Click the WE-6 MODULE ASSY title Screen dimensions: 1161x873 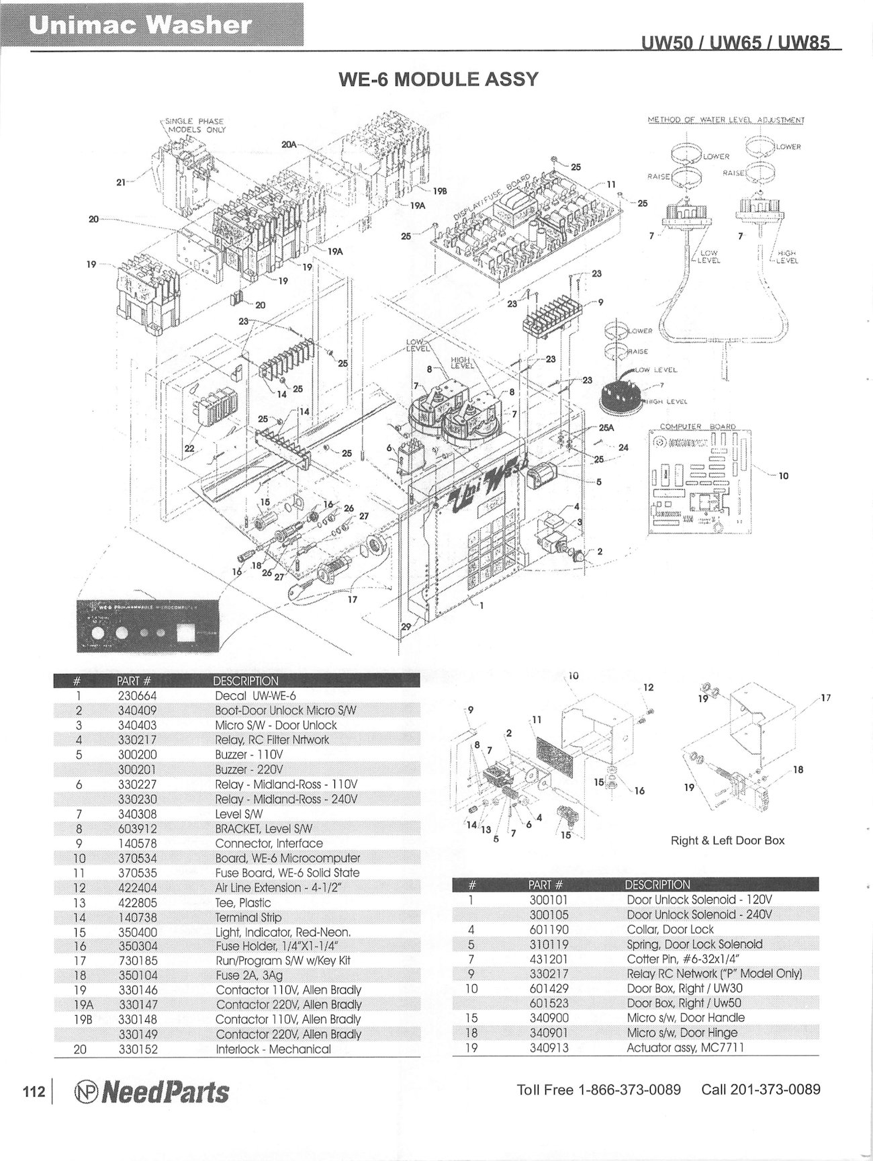point(439,79)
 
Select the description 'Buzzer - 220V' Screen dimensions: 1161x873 point(249,769)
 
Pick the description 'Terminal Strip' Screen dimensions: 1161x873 point(248,917)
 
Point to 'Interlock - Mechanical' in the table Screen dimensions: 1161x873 point(273,1049)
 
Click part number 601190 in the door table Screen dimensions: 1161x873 point(549,929)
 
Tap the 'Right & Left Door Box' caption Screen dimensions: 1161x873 point(727,841)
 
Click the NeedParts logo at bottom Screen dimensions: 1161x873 point(151,1092)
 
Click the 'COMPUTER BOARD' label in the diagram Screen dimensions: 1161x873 point(698,426)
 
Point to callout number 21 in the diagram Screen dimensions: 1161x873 point(121,181)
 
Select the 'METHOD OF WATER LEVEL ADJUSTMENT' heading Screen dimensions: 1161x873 point(726,120)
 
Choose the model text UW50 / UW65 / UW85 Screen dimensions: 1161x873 point(735,42)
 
